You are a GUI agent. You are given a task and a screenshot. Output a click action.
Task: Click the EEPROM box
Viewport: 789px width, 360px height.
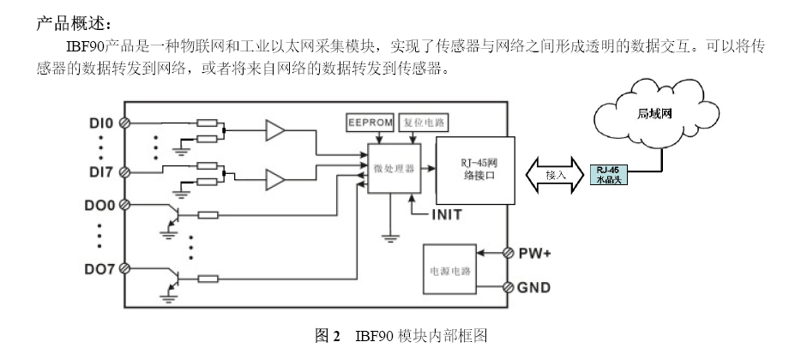coord(370,122)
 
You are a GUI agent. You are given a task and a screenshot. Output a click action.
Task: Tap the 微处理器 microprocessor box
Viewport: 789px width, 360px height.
coord(394,169)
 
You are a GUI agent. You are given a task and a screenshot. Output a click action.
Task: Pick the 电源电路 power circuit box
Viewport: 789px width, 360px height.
coord(451,267)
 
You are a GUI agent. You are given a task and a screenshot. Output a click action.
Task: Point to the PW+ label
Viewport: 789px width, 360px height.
coord(536,253)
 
